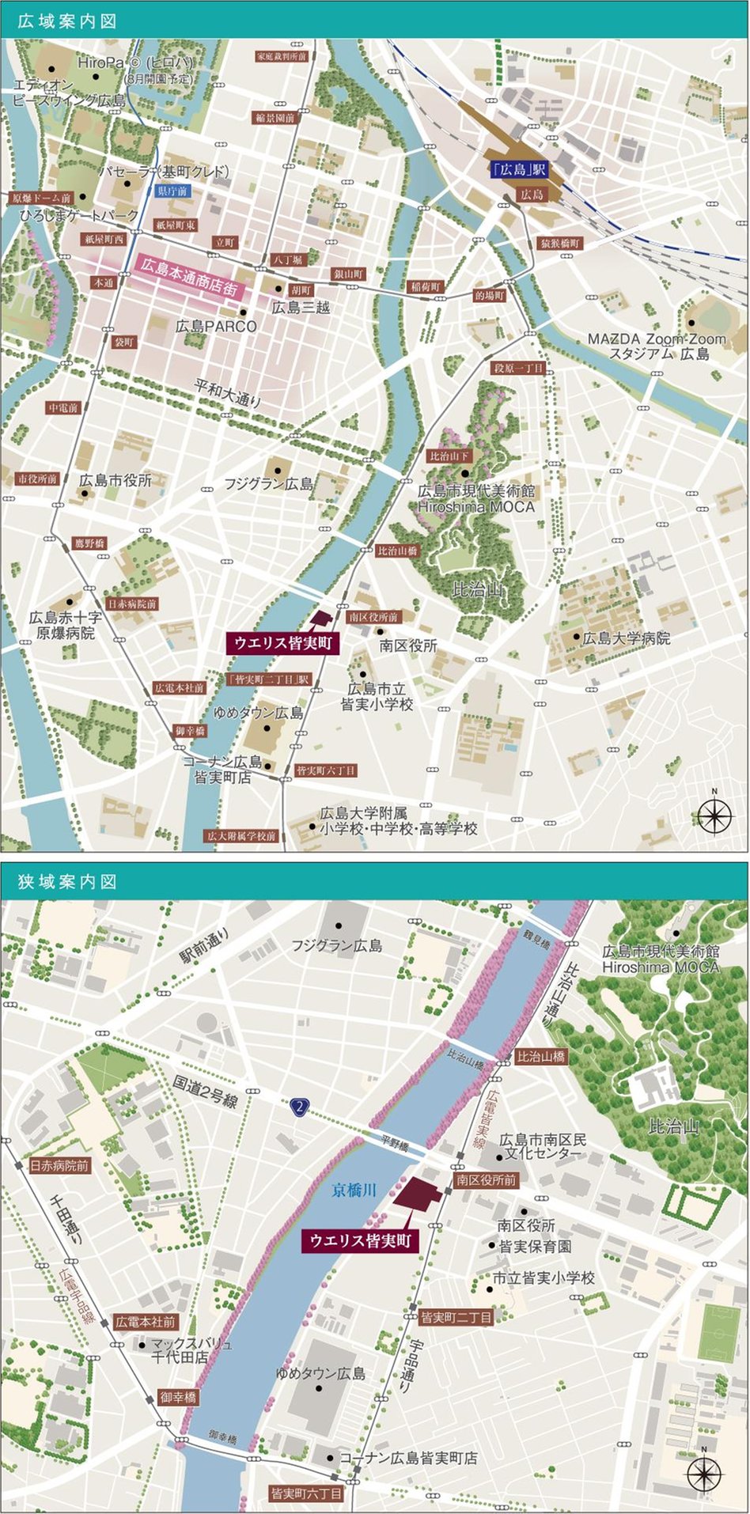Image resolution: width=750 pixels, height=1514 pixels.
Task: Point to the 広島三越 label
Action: tap(301, 308)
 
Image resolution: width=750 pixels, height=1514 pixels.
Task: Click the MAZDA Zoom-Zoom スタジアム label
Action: tap(656, 346)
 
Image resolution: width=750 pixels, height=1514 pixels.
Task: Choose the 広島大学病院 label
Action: tap(626, 638)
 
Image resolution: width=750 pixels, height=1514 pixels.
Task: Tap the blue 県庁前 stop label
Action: tap(172, 191)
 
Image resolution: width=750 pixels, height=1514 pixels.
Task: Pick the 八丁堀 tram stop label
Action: tap(286, 259)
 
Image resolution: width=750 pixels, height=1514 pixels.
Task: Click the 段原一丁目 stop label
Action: tap(518, 369)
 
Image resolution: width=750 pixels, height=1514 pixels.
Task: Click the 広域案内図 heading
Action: tap(67, 21)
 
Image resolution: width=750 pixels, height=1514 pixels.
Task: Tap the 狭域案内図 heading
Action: tap(67, 881)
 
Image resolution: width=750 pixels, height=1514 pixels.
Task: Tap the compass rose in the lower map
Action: tap(704, 1473)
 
